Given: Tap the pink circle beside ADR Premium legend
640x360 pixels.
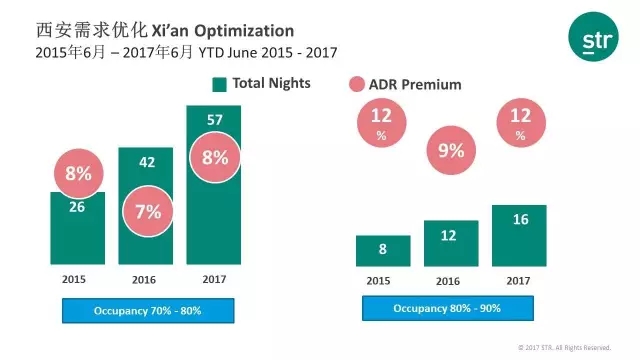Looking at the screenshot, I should (358, 85).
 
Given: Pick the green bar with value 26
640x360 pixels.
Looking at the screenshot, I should (77, 236).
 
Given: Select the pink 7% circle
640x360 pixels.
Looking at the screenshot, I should (145, 212).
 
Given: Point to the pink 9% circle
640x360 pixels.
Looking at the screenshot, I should (451, 153).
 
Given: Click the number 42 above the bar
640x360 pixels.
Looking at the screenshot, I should (145, 159).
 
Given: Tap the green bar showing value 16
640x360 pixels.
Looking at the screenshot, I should (520, 235).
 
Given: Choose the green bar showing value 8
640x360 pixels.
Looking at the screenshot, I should (383, 250).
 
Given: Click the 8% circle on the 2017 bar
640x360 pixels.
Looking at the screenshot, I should (214, 157).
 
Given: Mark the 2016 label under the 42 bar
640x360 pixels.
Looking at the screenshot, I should (145, 280).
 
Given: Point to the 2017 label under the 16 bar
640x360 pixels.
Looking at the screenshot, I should (520, 280).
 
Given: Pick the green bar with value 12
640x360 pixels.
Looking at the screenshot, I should (451, 243).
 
